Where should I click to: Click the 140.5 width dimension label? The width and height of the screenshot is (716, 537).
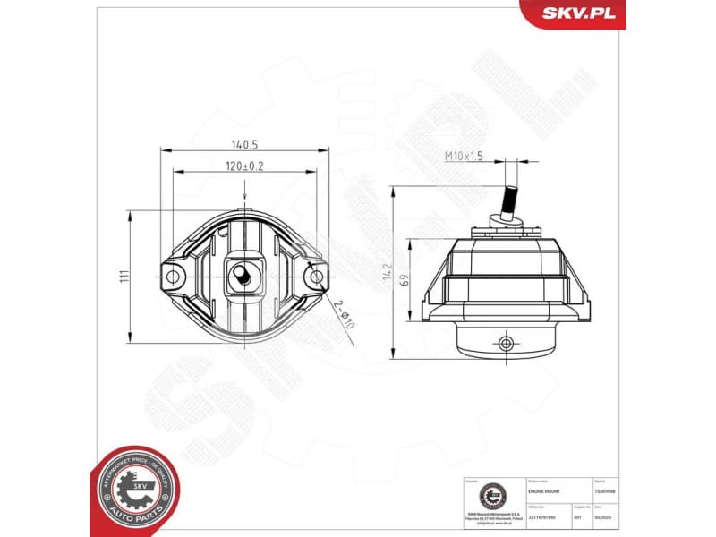[244, 143]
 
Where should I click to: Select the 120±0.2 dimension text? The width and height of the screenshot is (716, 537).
[244, 166]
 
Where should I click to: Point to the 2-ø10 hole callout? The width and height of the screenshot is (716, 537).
[343, 313]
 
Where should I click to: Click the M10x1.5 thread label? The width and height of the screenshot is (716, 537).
[465, 156]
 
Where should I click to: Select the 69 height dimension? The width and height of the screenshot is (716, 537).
[405, 280]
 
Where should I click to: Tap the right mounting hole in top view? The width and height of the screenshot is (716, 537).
[315, 277]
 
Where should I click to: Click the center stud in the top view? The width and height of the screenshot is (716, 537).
[243, 276]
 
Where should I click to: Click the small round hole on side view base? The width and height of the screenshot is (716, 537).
[507, 343]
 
